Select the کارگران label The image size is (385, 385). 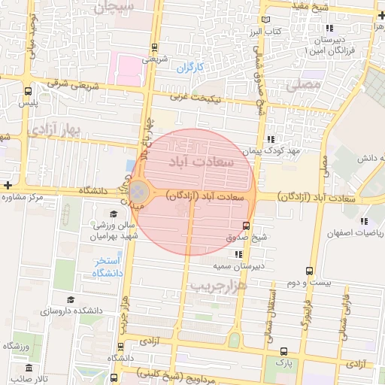190,68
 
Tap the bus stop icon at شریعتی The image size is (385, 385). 154,46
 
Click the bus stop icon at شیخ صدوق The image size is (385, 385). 247,226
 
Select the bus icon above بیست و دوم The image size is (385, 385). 310,271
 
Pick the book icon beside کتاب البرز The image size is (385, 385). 264,20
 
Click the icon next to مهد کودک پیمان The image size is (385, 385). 270,139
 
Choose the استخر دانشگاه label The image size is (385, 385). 107,268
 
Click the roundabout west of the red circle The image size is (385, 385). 140,191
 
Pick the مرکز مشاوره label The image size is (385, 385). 28,198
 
